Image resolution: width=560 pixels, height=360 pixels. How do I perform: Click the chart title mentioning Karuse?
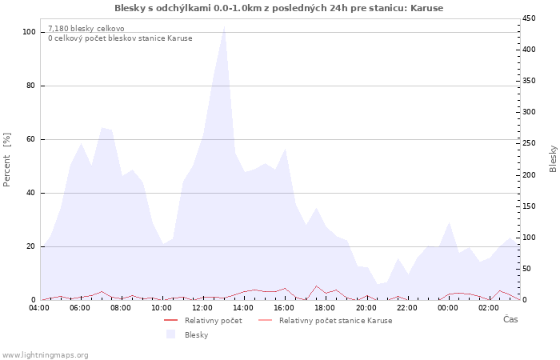(x=278, y=8)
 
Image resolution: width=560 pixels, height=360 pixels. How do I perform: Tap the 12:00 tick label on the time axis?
(x=202, y=308)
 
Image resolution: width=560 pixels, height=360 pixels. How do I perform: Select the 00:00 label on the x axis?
(x=448, y=308)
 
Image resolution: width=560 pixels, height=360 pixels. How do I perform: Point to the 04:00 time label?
(x=39, y=308)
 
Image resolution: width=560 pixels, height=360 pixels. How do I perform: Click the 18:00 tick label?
(x=325, y=308)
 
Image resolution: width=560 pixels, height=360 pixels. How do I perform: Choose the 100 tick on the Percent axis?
(x=29, y=32)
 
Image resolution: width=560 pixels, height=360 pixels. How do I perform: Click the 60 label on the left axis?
(x=31, y=139)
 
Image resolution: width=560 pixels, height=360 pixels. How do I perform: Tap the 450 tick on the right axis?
(x=529, y=18)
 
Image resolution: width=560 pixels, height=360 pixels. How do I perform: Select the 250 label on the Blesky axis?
(x=529, y=143)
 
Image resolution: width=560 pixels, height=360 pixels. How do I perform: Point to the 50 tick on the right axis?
(x=526, y=269)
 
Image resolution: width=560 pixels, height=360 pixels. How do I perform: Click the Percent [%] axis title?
(x=6, y=160)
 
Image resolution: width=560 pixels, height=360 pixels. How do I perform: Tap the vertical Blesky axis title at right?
(x=553, y=159)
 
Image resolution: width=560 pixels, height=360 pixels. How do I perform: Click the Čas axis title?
(x=510, y=319)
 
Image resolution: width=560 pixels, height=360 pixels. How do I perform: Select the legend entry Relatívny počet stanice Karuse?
(x=336, y=321)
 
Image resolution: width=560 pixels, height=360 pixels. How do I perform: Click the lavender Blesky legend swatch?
(x=171, y=334)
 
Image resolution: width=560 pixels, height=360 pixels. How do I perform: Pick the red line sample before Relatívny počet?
(x=170, y=320)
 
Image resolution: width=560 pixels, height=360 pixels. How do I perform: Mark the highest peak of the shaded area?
(x=224, y=26)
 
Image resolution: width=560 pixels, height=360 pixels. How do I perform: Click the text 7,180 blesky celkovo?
(x=86, y=29)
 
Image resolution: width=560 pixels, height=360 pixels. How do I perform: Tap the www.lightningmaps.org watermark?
(x=45, y=355)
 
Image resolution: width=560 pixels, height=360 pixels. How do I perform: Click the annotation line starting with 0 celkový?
(x=120, y=38)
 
